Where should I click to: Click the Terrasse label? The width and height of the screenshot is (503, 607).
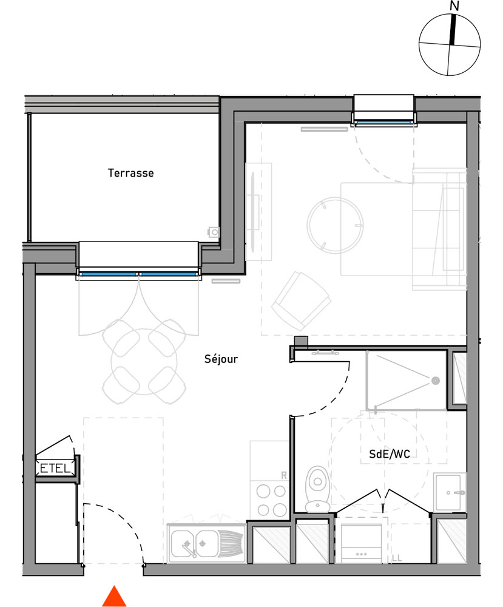click(x=130, y=173)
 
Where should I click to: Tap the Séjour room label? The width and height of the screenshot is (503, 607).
click(x=221, y=359)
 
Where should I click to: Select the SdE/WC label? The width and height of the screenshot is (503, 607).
click(x=388, y=454)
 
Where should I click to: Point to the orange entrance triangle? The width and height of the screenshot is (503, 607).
click(x=114, y=596)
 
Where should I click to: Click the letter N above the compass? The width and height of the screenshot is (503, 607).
click(x=454, y=6)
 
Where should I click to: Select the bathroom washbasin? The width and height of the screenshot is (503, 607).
click(x=450, y=492)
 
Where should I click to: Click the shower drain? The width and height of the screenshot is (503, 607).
click(x=434, y=381)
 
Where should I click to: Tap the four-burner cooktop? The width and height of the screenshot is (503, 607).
click(x=271, y=499)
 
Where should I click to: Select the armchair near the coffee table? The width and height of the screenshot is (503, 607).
click(x=300, y=300)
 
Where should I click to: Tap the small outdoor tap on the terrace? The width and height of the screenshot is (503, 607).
click(x=214, y=232)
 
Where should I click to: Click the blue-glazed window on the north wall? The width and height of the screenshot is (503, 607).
click(x=383, y=123)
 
